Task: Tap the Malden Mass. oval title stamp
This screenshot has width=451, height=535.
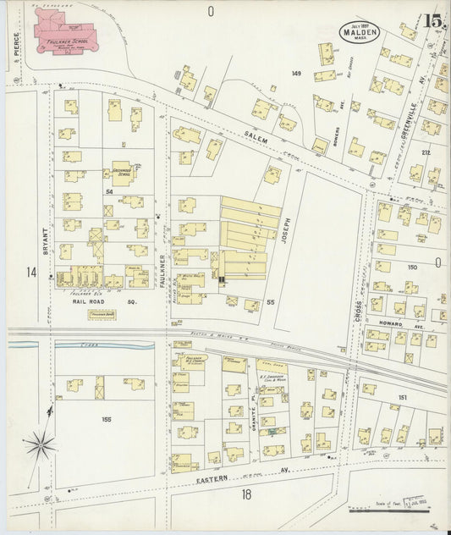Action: coord(359,30)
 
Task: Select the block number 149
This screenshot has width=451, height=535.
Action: coord(296,74)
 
